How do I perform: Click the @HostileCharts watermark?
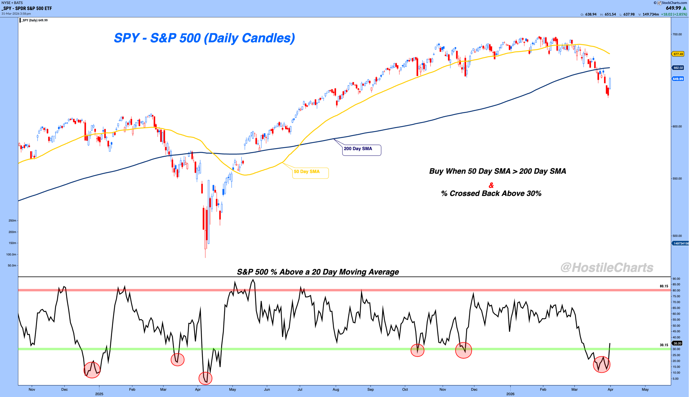pos(607,268)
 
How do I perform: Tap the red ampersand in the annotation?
pos(491,185)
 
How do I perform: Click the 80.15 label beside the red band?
pos(664,286)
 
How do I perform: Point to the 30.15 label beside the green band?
pos(664,345)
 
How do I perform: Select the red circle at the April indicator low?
pos(205,378)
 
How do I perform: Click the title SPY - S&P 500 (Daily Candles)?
pos(204,38)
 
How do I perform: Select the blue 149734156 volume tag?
pos(680,243)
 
